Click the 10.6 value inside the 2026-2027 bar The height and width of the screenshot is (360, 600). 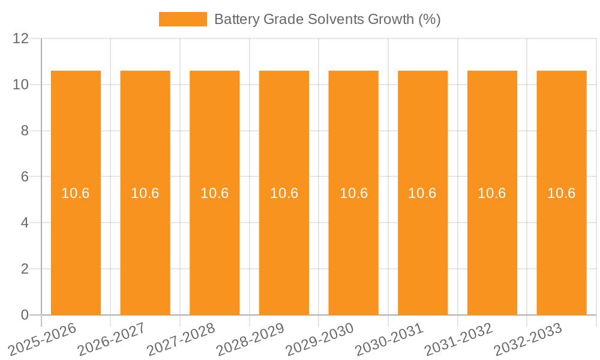click(x=145, y=193)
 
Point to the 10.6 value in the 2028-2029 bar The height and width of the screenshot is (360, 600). click(x=284, y=193)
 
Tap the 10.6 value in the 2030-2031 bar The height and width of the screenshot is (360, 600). click(x=422, y=193)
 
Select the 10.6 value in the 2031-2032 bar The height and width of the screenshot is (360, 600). click(x=492, y=193)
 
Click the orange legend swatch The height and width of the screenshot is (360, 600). click(x=182, y=19)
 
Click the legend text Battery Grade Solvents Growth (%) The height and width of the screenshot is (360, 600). click(x=327, y=19)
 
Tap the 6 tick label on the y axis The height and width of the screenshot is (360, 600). click(x=25, y=177)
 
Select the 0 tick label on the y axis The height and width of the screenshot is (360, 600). click(x=25, y=315)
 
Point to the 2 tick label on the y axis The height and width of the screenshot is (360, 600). click(x=25, y=269)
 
